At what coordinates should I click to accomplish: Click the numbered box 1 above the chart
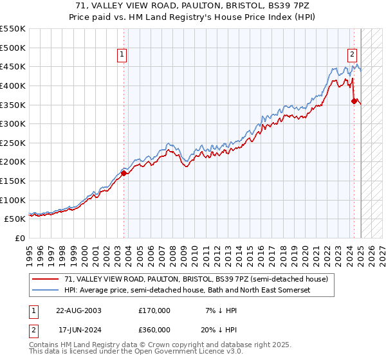[x=122, y=55]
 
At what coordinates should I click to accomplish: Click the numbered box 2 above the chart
[x=353, y=55]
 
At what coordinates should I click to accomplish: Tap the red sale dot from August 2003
[x=124, y=173]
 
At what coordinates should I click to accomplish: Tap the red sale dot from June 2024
[x=354, y=100]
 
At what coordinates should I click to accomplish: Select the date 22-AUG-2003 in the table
[x=78, y=310]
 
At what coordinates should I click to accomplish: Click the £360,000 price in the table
[x=154, y=329]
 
